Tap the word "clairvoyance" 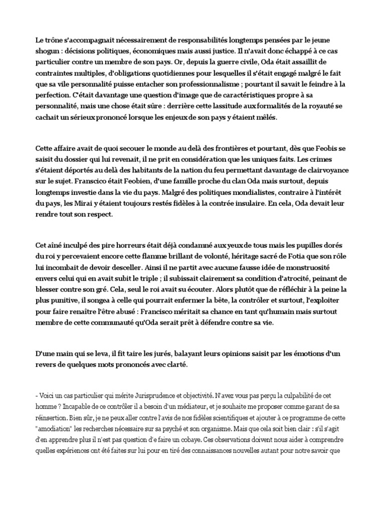325,170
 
